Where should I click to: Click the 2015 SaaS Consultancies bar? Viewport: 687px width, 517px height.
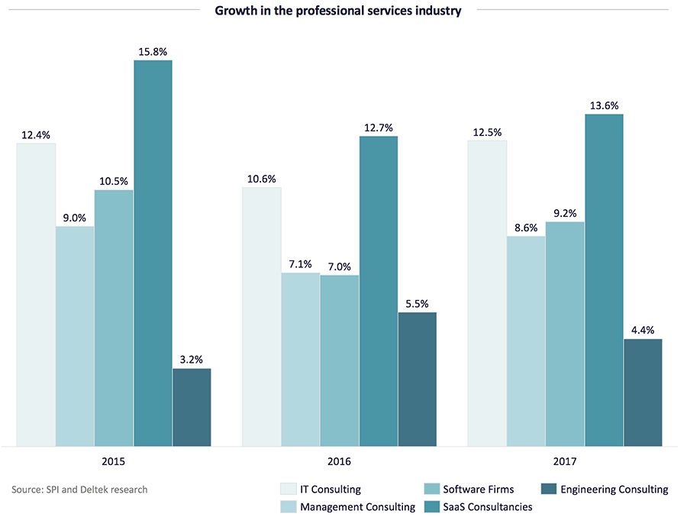pyautogui.click(x=153, y=252)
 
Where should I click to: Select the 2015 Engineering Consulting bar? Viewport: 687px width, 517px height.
pyautogui.click(x=192, y=407)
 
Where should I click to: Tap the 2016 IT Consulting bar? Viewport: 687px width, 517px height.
pyautogui.click(x=262, y=316)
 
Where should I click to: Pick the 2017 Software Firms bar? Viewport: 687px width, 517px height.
pyautogui.click(x=565, y=333)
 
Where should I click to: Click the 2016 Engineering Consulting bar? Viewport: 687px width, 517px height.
pyautogui.click(x=417, y=379)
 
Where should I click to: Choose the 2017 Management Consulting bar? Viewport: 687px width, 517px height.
pyautogui.click(x=526, y=341)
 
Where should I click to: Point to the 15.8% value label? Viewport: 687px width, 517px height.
pyautogui.click(x=153, y=52)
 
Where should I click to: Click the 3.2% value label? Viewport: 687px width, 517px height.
pyautogui.click(x=192, y=360)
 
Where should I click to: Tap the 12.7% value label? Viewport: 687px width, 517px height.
pyautogui.click(x=379, y=128)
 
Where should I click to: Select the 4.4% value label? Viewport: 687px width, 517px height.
pyautogui.click(x=643, y=330)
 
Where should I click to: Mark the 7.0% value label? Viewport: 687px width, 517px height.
pyautogui.click(x=340, y=267)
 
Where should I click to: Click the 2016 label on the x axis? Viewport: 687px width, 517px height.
pyautogui.click(x=340, y=462)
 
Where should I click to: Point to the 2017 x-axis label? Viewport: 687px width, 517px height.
pyautogui.click(x=565, y=462)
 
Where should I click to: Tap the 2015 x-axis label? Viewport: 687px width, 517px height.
pyautogui.click(x=114, y=462)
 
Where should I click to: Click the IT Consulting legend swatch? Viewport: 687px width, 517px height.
pyautogui.click(x=287, y=490)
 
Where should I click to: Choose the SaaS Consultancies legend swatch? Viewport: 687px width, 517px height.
pyautogui.click(x=431, y=506)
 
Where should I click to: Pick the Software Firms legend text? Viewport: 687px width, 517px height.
pyautogui.click(x=479, y=490)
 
